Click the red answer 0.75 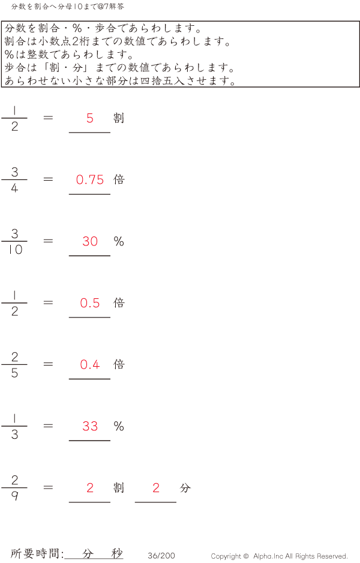coord(90,179)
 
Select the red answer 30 coord(90,241)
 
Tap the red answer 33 coord(90,426)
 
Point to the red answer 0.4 coord(90,364)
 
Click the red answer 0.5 coord(90,303)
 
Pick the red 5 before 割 coord(90,118)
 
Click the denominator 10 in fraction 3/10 coord(15,250)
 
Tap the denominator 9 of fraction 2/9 coord(15,496)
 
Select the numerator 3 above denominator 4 coord(15,172)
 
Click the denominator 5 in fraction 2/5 coord(15,373)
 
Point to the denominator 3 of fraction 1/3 coord(15,435)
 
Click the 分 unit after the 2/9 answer coord(185,488)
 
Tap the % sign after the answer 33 coord(119,426)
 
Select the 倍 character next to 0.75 coord(119,179)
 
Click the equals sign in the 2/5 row coord(49,364)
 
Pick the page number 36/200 coord(161,556)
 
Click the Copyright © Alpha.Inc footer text coord(279,556)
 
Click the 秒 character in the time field coord(117,554)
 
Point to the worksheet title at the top coord(68,7)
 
